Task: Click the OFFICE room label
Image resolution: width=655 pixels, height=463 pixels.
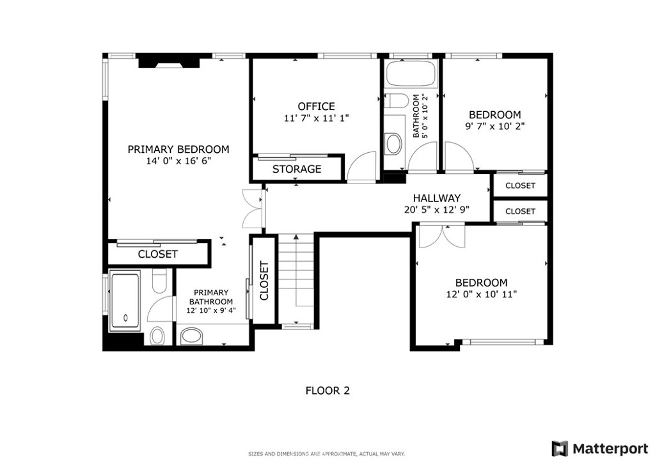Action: coord(316,106)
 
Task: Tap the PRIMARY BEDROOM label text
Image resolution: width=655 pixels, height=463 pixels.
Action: coord(178,149)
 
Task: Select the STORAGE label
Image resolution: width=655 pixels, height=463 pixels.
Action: coord(297,169)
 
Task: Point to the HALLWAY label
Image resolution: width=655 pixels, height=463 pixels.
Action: coord(436,198)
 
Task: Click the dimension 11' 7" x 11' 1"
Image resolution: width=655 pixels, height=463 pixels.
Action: coord(316,118)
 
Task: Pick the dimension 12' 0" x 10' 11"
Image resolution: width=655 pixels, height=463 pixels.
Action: coord(481,294)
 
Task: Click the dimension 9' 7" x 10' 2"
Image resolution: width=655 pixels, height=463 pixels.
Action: coord(495,126)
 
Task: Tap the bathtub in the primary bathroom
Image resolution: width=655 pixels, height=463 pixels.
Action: coord(125,300)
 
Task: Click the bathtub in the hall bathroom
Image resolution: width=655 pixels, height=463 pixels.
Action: coord(411,74)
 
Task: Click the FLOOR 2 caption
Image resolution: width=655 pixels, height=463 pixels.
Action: coord(327,391)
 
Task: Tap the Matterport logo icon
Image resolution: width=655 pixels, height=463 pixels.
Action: coord(560,448)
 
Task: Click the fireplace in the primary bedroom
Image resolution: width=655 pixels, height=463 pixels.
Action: coord(169,61)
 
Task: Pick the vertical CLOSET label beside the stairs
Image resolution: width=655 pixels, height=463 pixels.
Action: coord(264,281)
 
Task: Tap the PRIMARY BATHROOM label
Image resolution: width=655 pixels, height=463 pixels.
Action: coord(211,297)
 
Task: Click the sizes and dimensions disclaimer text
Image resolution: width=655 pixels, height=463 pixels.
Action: coord(326,454)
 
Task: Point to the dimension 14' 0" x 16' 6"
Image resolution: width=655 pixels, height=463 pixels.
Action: coord(178,161)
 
